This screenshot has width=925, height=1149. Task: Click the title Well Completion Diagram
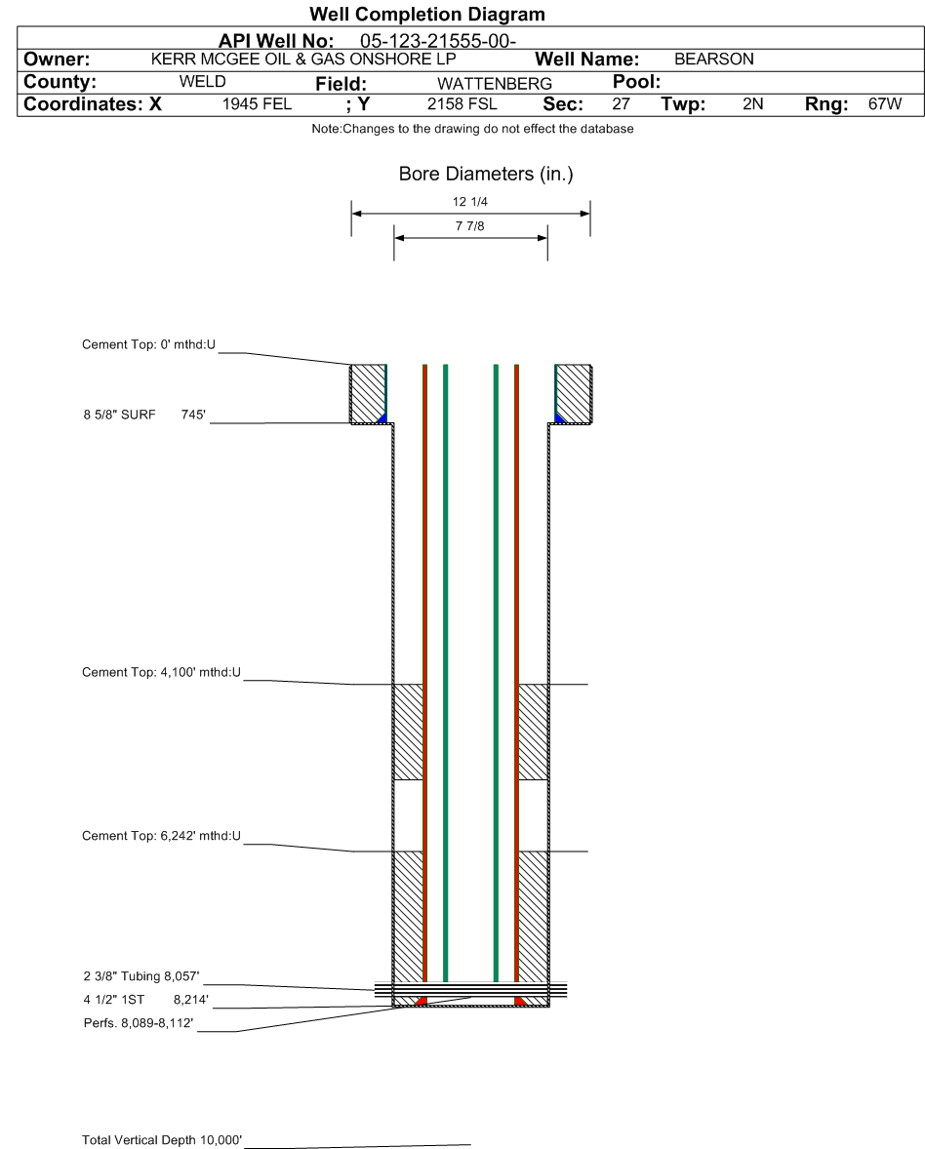click(x=427, y=14)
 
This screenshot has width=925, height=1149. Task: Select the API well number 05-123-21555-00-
click(x=437, y=41)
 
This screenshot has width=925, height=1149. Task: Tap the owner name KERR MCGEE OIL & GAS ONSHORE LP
click(x=303, y=59)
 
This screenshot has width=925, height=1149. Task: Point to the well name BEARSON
click(x=714, y=59)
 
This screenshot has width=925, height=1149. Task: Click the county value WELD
click(x=202, y=81)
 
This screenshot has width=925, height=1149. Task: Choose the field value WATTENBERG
click(x=495, y=84)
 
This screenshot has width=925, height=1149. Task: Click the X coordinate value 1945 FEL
click(x=257, y=104)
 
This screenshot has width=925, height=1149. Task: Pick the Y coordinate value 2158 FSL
click(x=462, y=104)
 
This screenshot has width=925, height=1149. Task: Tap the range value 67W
click(x=885, y=104)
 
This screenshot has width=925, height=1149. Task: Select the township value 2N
click(x=752, y=104)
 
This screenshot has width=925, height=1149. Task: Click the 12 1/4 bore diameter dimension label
click(x=470, y=202)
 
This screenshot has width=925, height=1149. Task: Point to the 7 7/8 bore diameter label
click(x=470, y=226)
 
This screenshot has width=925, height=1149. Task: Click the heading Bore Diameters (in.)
click(x=486, y=174)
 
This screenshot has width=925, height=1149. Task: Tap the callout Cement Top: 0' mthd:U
click(x=148, y=344)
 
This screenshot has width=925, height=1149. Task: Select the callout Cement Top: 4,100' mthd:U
click(x=161, y=672)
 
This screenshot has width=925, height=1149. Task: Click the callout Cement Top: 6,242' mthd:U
click(x=161, y=835)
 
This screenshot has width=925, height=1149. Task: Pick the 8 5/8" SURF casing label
click(x=119, y=415)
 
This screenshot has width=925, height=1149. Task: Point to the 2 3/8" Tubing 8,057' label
click(x=141, y=976)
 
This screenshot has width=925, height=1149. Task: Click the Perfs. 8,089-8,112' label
click(x=139, y=1023)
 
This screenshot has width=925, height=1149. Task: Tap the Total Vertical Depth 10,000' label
click(x=162, y=1139)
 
